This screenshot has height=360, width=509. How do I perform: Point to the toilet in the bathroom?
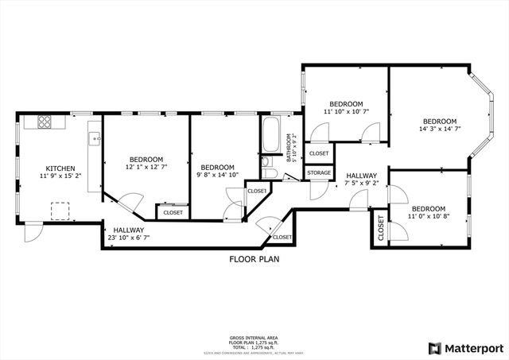click(x=268, y=173)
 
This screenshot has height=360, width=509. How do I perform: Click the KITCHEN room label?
click(x=60, y=168)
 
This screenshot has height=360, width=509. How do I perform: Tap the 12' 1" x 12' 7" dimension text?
click(x=146, y=167)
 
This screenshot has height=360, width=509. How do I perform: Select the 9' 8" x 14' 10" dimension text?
click(x=217, y=176)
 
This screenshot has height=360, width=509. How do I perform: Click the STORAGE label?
click(x=319, y=172)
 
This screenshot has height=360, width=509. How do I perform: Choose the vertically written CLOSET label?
click(x=381, y=228)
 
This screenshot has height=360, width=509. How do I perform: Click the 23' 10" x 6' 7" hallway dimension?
click(x=128, y=237)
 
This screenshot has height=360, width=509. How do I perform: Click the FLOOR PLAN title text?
click(x=254, y=259)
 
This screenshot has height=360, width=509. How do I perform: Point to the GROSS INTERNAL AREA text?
click(x=254, y=338)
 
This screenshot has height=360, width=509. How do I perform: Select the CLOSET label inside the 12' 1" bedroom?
click(x=173, y=212)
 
